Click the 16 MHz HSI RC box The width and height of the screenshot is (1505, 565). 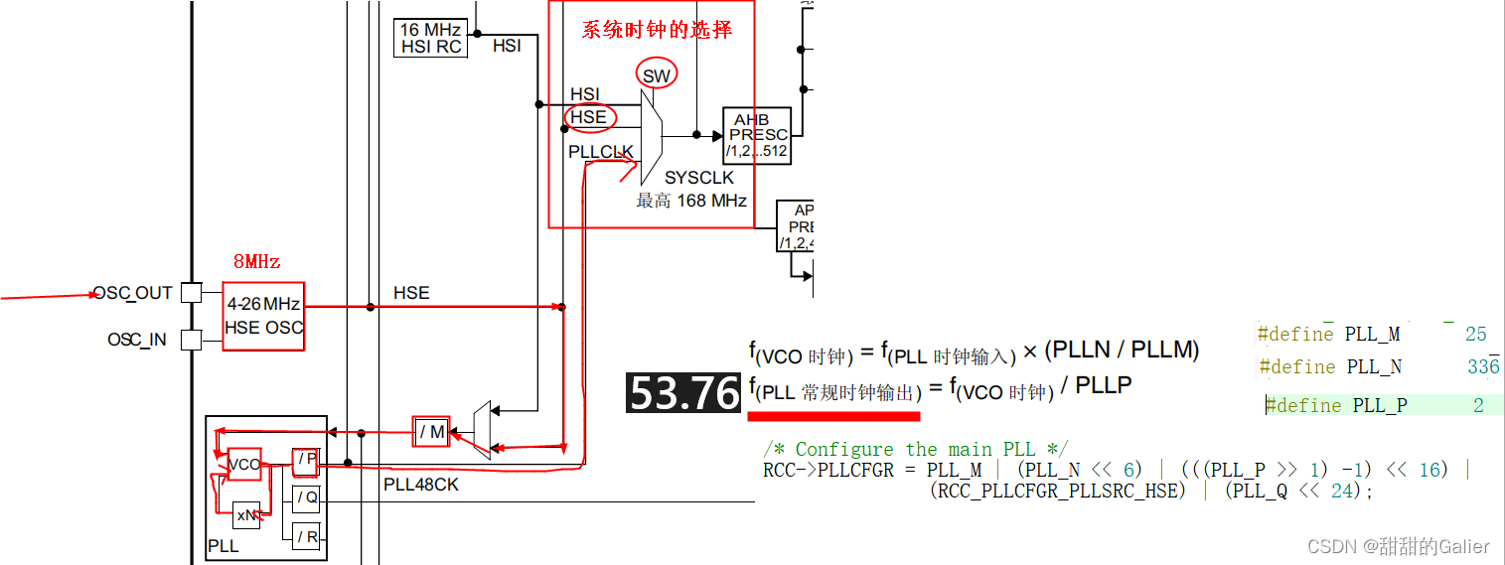(431, 38)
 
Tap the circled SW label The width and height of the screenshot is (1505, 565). (656, 75)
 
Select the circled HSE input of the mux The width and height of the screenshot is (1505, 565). (589, 117)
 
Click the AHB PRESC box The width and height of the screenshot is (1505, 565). (757, 135)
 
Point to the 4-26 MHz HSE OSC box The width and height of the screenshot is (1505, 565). (263, 316)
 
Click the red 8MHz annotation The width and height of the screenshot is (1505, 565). (256, 262)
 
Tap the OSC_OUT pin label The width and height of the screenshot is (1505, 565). (133, 293)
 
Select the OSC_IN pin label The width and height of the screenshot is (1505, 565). (137, 340)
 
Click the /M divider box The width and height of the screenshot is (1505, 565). (431, 431)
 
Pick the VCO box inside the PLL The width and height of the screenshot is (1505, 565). (243, 464)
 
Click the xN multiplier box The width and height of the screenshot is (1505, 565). (246, 515)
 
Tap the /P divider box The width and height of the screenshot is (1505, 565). (306, 460)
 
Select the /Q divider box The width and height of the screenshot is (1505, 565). (307, 497)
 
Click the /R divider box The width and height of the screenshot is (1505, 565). (307, 537)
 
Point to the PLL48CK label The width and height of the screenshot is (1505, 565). (421, 486)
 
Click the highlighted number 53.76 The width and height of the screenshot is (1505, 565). (683, 393)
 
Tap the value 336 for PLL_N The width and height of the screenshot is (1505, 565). (1483, 367)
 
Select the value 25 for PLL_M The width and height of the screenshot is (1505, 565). (1475, 335)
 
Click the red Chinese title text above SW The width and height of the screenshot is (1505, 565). (657, 30)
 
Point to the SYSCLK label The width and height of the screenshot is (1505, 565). (699, 178)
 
